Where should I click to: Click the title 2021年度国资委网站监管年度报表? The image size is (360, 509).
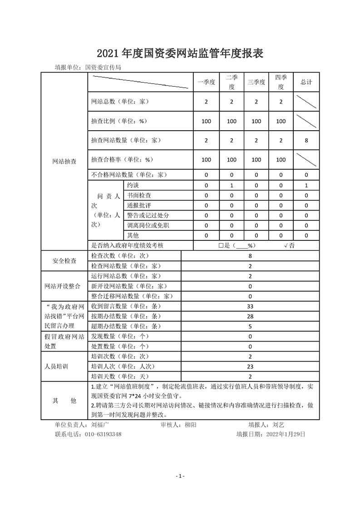click(x=180, y=54)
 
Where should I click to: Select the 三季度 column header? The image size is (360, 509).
click(x=256, y=82)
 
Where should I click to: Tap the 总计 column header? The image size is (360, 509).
click(x=306, y=82)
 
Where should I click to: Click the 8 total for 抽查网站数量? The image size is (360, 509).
click(x=306, y=141)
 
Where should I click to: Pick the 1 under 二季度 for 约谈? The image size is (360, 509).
click(x=232, y=186)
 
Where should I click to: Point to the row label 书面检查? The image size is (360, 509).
click(x=139, y=196)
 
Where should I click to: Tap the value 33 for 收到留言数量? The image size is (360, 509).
click(x=250, y=306)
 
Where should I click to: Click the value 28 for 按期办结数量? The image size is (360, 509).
click(x=250, y=316)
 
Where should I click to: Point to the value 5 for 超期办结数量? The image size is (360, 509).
click(x=250, y=326)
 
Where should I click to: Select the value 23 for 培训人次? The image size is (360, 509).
click(x=250, y=367)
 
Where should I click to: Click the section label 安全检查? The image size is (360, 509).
click(x=64, y=261)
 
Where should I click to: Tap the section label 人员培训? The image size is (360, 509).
click(x=64, y=367)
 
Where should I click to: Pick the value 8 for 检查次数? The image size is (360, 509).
click(x=250, y=256)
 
